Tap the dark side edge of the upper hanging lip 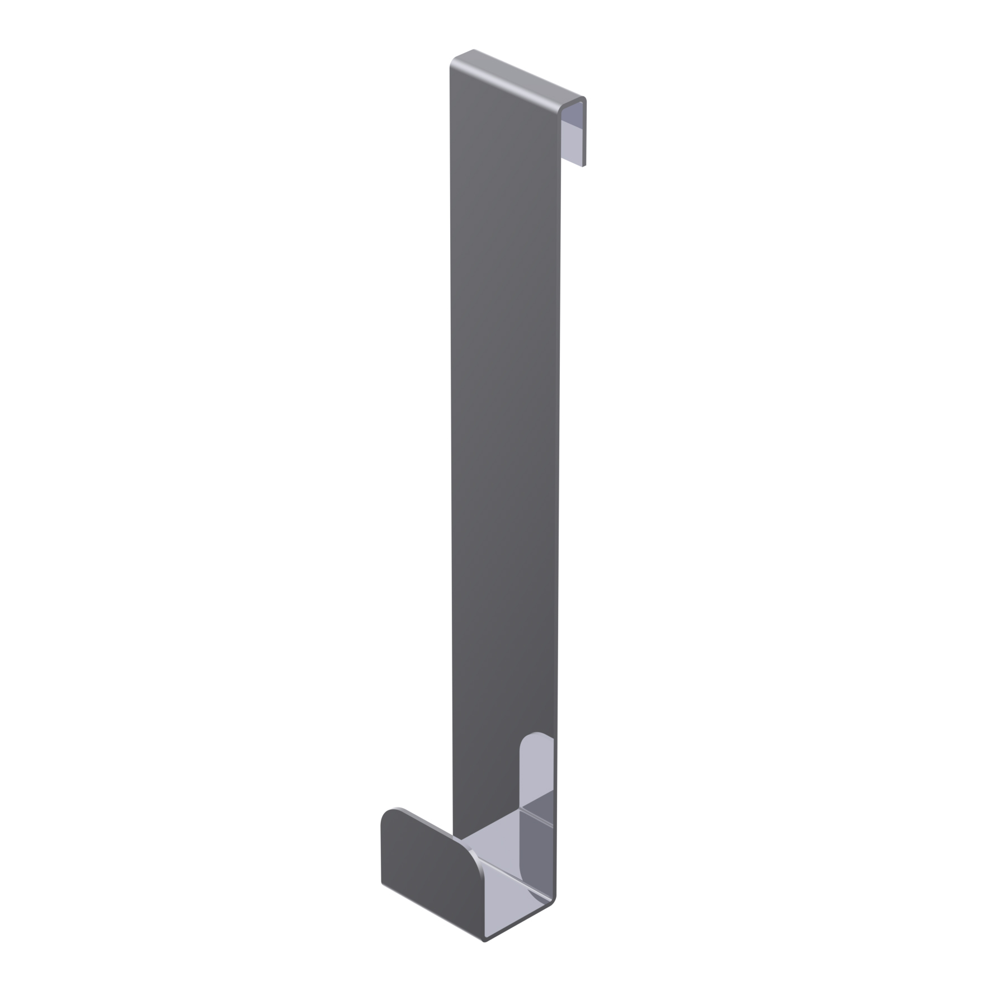click(x=585, y=134)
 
